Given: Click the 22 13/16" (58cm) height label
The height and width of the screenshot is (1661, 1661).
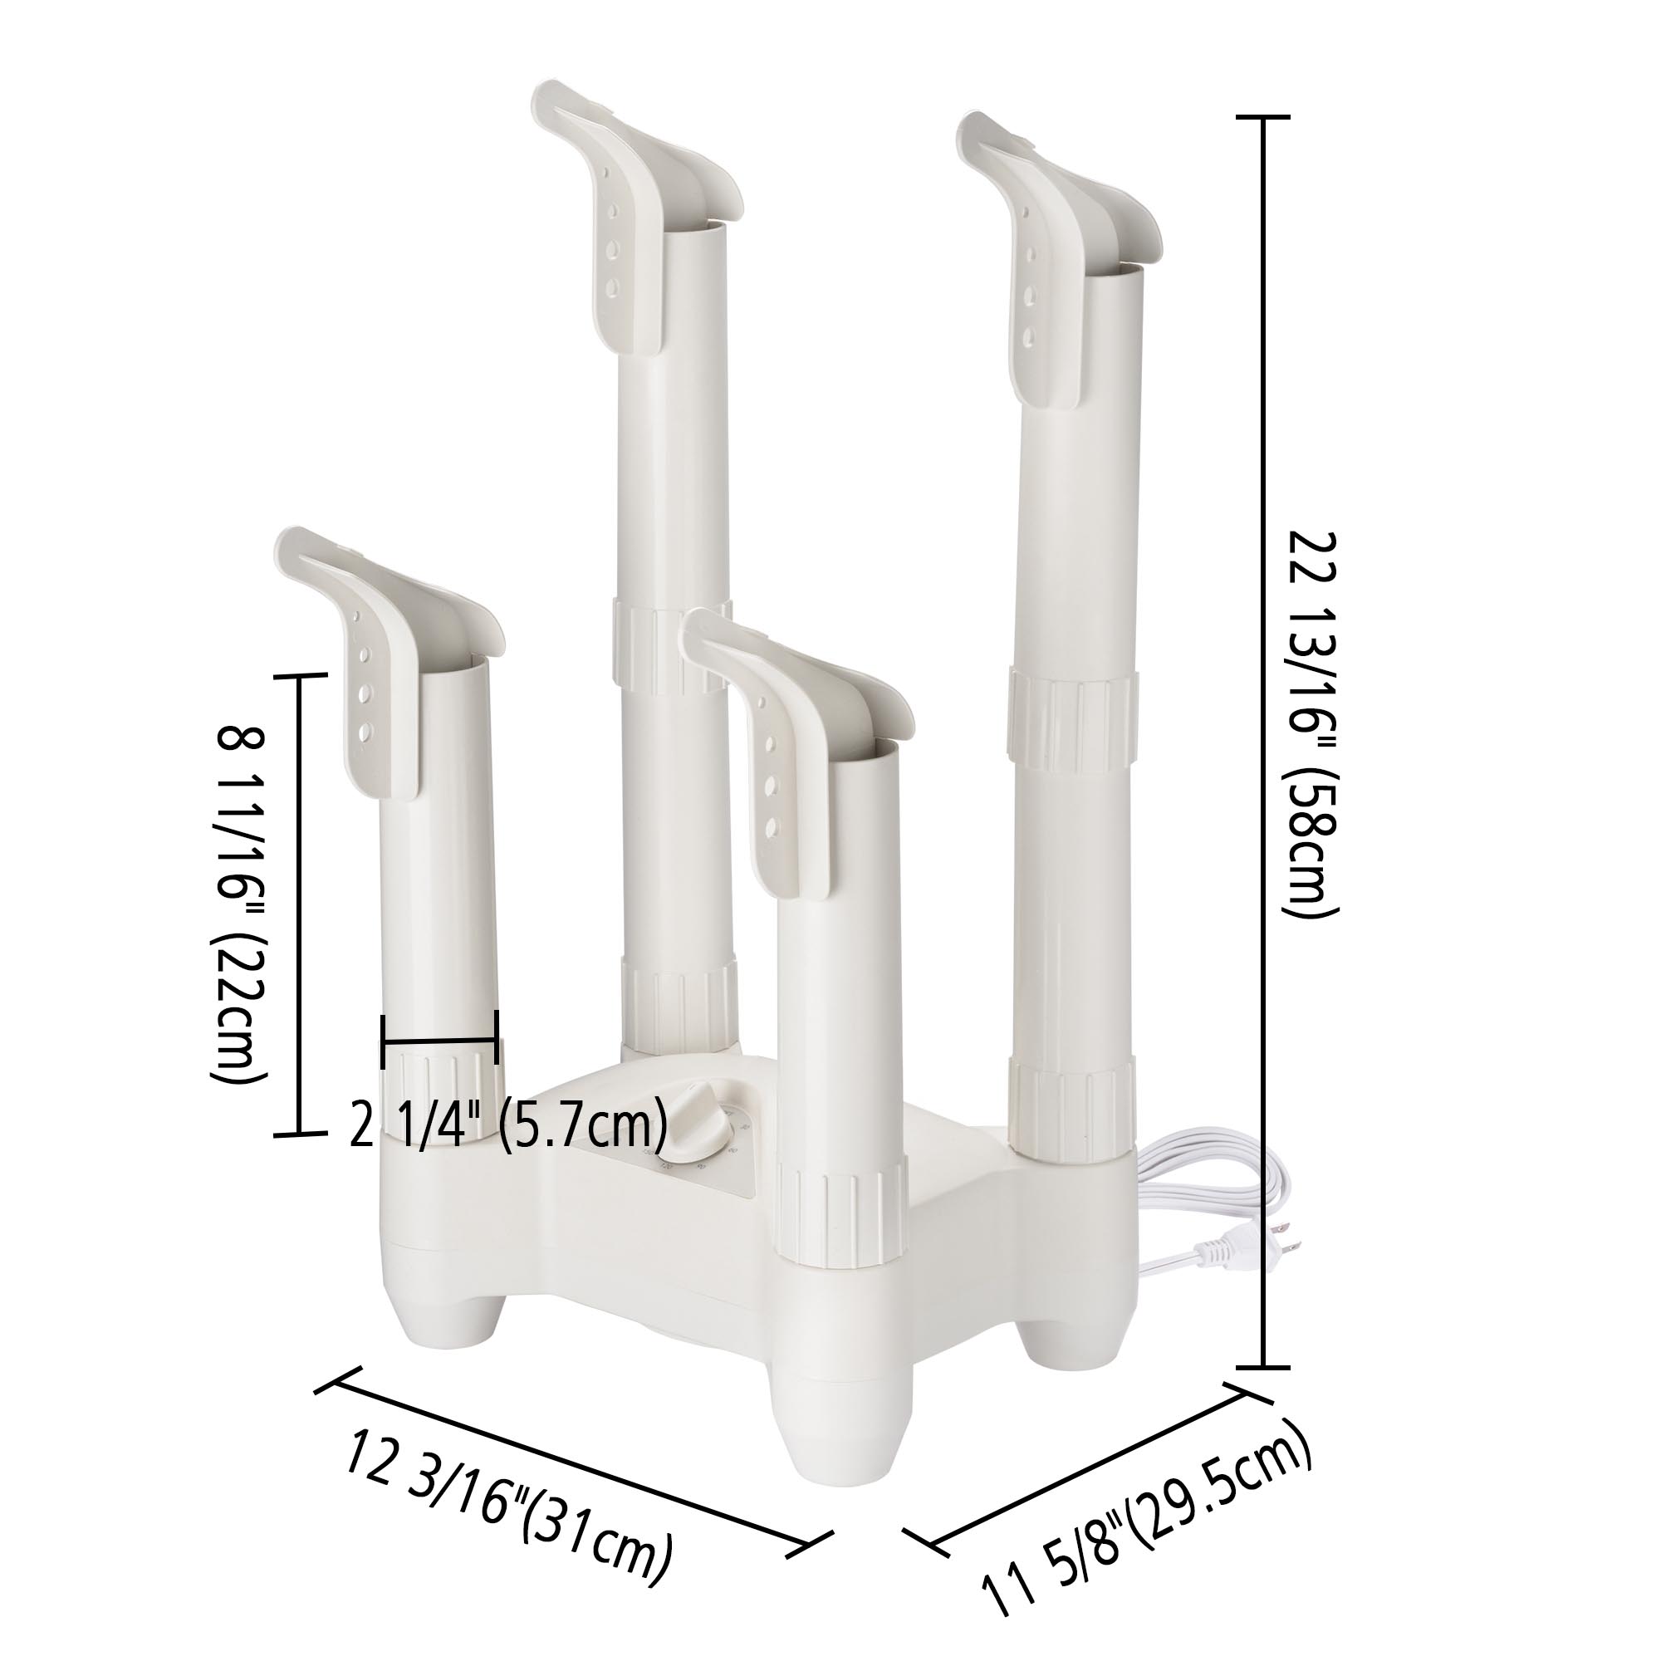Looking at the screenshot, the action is point(1313,725).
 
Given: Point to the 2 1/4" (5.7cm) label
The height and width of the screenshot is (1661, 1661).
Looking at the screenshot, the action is point(508,1124).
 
